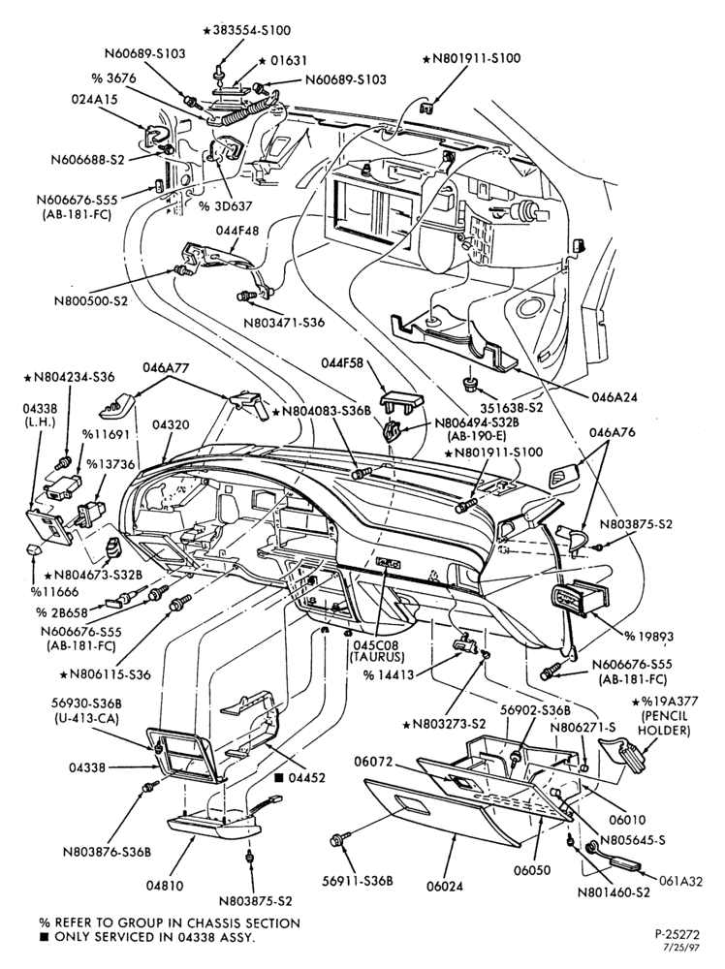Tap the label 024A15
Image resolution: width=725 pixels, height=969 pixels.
click(x=94, y=99)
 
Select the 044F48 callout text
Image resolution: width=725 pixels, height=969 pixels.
click(x=238, y=230)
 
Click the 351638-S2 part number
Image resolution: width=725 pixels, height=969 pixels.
click(x=513, y=409)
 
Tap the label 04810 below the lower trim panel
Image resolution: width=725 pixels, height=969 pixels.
click(x=165, y=885)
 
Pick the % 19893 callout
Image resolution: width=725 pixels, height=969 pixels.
click(x=648, y=636)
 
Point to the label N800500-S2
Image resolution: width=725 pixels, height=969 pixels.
click(x=89, y=301)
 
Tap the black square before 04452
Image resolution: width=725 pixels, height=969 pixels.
click(x=279, y=777)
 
